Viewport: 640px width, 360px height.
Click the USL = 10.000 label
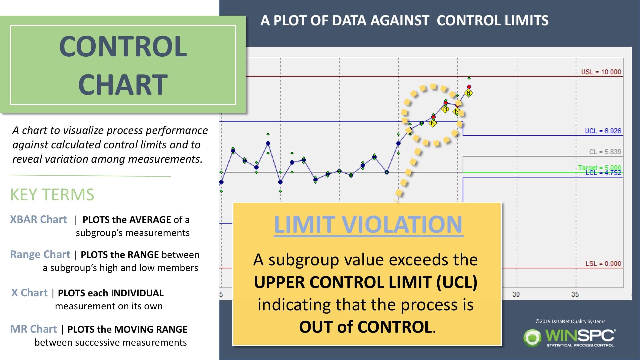point(601,72)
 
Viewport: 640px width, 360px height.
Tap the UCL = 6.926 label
point(603,131)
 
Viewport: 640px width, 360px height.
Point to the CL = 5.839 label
point(605,152)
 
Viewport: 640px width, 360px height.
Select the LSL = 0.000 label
point(603,263)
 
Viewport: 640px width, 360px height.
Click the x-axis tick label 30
point(516,294)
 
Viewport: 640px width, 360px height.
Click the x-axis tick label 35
point(575,294)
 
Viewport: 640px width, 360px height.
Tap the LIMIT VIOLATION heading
point(368,224)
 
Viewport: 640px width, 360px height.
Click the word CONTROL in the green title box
point(123,46)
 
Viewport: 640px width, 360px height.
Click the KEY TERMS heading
point(52,195)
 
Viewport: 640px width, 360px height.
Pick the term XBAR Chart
point(38,219)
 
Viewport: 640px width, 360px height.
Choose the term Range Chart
point(40,254)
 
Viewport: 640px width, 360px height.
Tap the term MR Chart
point(33,329)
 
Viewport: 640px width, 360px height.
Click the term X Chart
point(29,293)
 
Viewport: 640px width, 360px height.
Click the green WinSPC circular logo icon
point(532,338)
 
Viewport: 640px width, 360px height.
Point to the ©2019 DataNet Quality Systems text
point(570,321)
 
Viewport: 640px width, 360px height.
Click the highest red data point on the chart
point(469,87)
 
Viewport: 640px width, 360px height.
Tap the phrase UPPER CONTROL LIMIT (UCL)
point(366,282)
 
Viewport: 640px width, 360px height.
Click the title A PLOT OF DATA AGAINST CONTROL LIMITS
point(404,21)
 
